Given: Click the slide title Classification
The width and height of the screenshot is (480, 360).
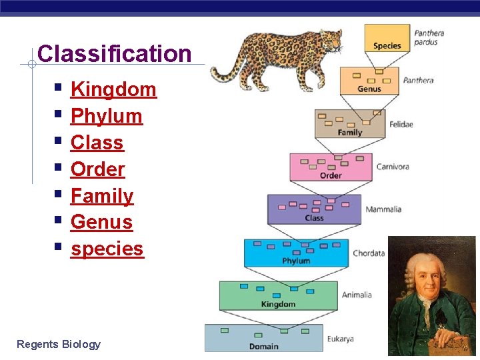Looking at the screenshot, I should click(x=115, y=54).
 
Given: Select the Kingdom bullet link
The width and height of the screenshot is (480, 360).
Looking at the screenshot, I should click(x=113, y=89).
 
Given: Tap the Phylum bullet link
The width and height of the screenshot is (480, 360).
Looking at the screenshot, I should click(x=107, y=116).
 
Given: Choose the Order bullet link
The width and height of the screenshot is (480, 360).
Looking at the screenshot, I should click(x=97, y=169).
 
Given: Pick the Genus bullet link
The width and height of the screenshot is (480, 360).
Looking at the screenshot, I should click(x=101, y=222).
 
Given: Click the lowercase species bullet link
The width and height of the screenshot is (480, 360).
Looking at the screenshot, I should click(x=107, y=249).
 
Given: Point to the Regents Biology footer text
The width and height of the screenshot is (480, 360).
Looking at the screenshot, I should click(x=59, y=344).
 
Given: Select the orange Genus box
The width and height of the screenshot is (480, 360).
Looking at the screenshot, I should click(x=369, y=80).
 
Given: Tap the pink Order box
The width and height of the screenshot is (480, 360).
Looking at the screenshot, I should click(x=331, y=167).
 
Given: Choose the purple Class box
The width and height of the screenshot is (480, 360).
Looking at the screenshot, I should click(x=314, y=209).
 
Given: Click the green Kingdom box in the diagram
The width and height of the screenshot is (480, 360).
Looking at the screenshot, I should click(x=278, y=295).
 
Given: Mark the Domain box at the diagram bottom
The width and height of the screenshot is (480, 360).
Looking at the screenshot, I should click(x=263, y=338).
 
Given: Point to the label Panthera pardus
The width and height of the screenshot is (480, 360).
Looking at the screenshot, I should click(x=429, y=38).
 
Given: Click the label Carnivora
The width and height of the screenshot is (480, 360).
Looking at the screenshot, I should click(x=392, y=167).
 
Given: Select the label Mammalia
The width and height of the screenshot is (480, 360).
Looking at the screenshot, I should click(x=383, y=209).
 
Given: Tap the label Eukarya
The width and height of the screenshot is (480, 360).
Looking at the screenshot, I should click(x=340, y=339).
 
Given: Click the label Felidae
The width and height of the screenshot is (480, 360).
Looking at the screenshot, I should click(x=401, y=124).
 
